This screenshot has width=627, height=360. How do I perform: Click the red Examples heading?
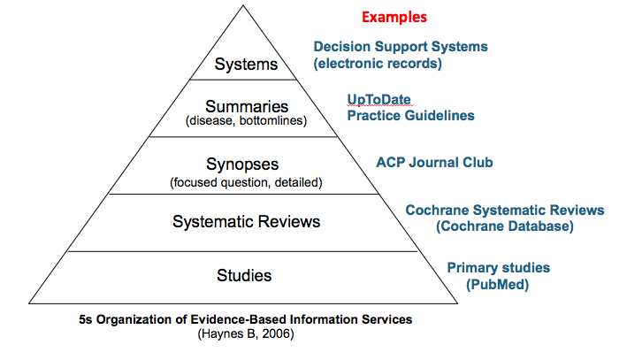[394, 17]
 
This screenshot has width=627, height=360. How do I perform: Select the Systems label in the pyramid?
[246, 64]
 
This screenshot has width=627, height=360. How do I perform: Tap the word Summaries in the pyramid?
[247, 106]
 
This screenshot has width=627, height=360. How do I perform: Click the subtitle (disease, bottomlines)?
[246, 121]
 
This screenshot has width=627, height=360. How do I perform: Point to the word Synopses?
[242, 165]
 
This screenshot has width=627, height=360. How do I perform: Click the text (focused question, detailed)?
[246, 182]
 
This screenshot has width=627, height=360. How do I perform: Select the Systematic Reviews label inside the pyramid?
[247, 222]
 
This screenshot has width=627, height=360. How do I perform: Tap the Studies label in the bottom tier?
[244, 276]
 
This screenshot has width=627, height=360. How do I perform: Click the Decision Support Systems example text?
[401, 47]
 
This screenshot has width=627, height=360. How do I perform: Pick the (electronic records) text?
[378, 64]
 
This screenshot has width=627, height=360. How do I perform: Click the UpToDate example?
[378, 100]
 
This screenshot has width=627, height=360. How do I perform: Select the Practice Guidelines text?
[410, 116]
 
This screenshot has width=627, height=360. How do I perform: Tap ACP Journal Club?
[434, 163]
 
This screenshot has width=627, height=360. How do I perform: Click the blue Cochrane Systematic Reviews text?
[505, 211]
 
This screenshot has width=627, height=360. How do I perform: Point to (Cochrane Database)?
[505, 226]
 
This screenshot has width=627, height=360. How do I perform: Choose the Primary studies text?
[498, 268]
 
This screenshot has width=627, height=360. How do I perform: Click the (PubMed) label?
[497, 285]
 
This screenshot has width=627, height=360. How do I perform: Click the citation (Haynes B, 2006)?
[246, 334]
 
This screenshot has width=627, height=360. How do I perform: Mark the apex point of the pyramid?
[243, 5]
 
